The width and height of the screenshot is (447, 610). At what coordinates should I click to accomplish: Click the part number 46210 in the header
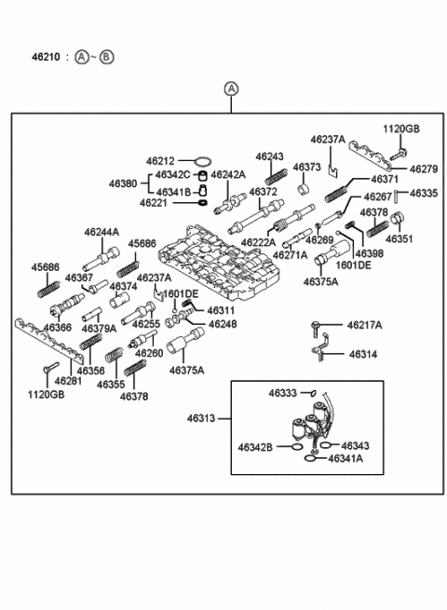point(46,57)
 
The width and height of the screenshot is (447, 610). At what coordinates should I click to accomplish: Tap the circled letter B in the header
point(106,57)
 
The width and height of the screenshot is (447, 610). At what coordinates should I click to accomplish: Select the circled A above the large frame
point(231,89)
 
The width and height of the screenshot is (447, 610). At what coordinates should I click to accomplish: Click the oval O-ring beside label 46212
point(203,161)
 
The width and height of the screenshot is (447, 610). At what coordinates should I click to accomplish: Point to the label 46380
point(123,183)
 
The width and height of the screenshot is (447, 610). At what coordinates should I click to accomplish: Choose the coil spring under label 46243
point(277,177)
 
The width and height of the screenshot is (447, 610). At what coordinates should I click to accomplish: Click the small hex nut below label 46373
point(304,190)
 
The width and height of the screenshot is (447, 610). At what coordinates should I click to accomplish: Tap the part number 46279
point(424,169)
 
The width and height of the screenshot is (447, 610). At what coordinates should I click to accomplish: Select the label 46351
point(400,238)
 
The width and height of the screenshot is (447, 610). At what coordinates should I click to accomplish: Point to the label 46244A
point(102,233)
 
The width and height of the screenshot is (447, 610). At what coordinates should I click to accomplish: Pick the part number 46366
point(58,328)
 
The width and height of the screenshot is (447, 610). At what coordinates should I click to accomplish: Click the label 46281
point(69,381)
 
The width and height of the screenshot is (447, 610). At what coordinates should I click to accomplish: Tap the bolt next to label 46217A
point(315,329)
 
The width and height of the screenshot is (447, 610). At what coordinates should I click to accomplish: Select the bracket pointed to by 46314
point(320,348)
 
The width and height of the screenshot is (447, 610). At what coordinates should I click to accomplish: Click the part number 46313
point(201,418)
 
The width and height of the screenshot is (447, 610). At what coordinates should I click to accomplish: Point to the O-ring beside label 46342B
point(296,447)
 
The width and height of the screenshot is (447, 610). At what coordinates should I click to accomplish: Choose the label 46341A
point(345,459)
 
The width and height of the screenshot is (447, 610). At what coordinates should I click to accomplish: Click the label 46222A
point(258,243)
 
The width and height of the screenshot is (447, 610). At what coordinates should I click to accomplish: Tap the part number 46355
point(111,385)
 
